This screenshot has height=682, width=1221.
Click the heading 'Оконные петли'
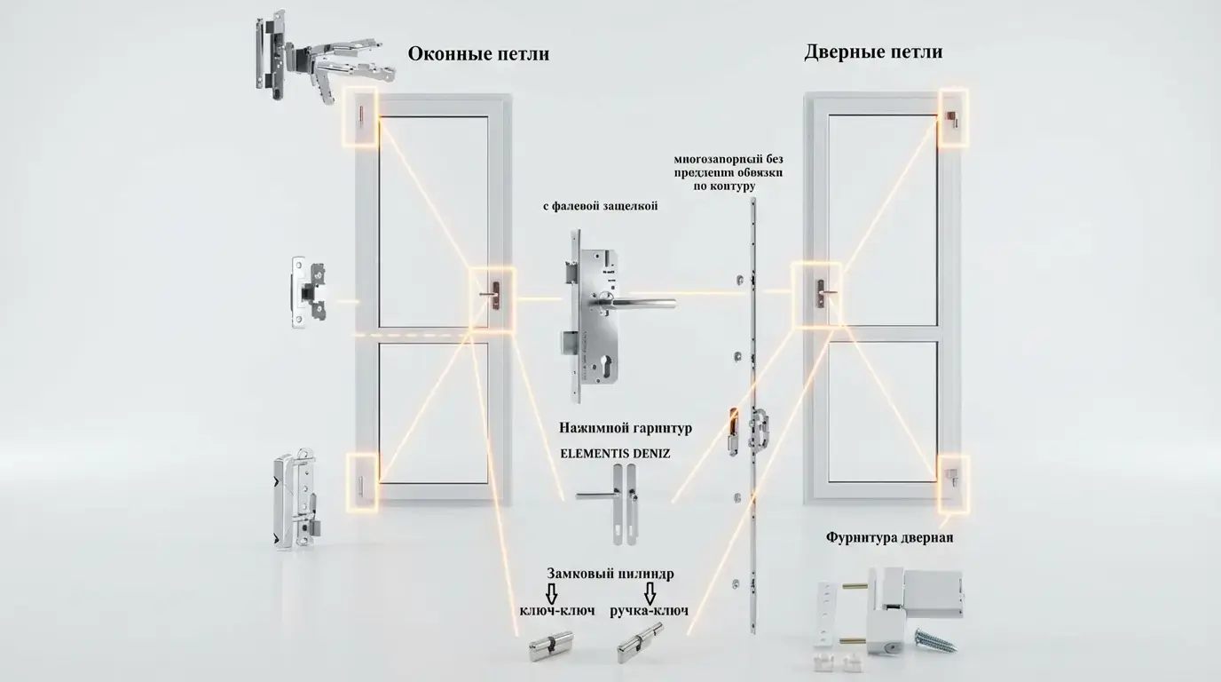click(x=478, y=54)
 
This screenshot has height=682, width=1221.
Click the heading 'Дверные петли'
click(x=873, y=52)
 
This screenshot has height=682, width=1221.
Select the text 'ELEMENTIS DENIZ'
click(x=615, y=453)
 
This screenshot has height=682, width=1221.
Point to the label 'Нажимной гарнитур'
click(x=626, y=428)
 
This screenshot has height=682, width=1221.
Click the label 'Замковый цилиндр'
click(x=610, y=574)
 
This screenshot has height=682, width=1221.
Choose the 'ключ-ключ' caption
click(x=557, y=611)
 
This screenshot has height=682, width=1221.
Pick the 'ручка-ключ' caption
click(x=650, y=611)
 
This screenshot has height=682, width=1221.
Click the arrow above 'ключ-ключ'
click(x=551, y=592)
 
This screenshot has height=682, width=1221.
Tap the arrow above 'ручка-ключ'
click(x=650, y=592)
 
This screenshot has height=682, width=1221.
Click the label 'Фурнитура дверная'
click(x=890, y=537)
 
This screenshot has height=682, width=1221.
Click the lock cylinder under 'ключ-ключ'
click(x=550, y=646)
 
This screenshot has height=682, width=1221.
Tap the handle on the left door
click(x=490, y=294)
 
